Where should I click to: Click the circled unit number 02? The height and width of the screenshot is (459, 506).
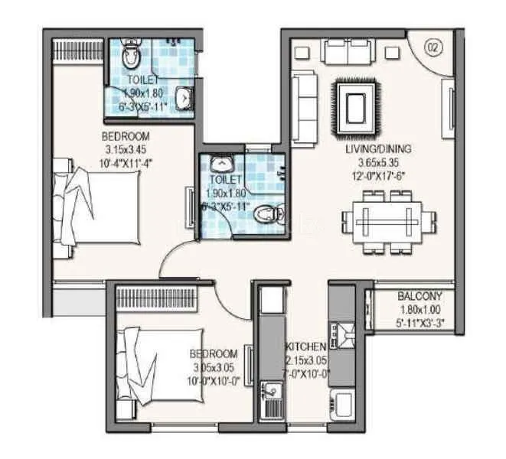(x=434, y=47)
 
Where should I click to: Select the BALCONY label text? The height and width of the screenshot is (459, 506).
(x=417, y=297)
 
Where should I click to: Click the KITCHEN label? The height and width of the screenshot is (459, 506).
(x=307, y=347)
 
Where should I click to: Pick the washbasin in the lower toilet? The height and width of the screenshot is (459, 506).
(x=220, y=164)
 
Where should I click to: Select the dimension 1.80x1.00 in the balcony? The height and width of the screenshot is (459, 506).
(x=417, y=310)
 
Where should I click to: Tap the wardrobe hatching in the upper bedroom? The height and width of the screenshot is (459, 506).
(x=77, y=50)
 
